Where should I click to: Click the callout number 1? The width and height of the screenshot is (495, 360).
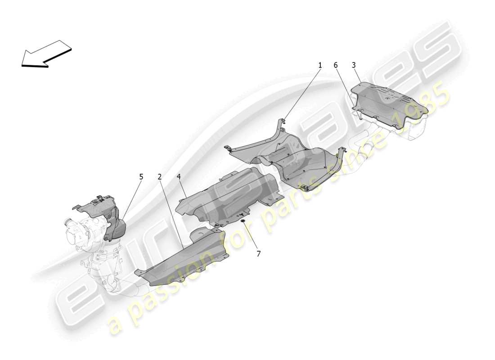(320, 65)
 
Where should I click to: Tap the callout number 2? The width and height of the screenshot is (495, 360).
(160, 177)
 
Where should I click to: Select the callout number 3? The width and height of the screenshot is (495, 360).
(354, 65)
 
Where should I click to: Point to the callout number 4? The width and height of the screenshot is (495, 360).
(179, 177)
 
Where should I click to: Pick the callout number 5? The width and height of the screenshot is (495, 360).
(141, 177)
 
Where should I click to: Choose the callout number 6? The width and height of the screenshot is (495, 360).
(336, 65)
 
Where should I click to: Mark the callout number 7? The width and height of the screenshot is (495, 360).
(258, 254)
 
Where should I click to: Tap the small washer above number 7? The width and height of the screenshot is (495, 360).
(243, 222)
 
